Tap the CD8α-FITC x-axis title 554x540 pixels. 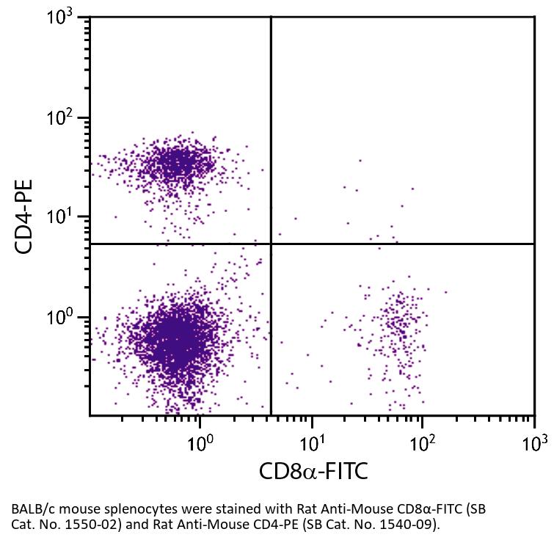click(x=313, y=470)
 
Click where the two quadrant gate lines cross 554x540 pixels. click(x=271, y=244)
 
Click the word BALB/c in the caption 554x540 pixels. click(x=32, y=508)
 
